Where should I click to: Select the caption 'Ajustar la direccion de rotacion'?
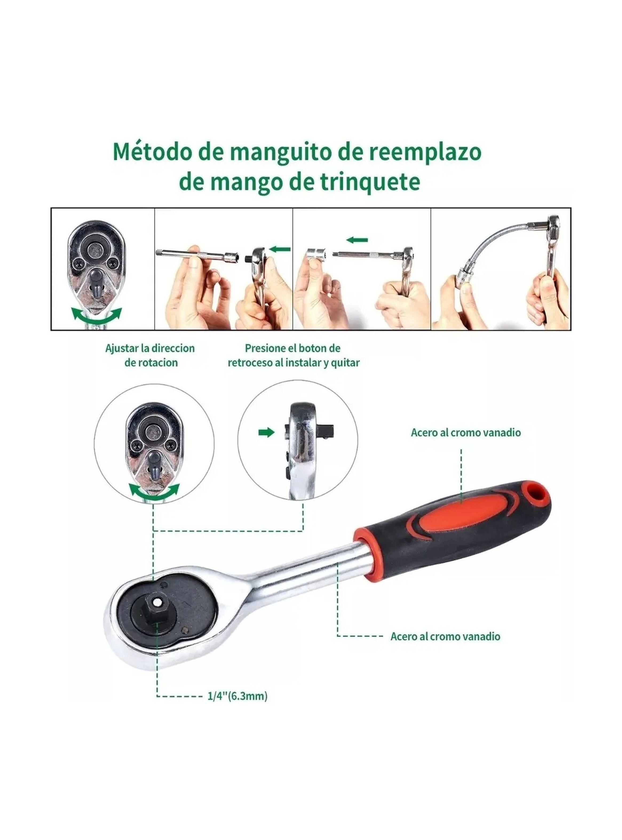(150, 355)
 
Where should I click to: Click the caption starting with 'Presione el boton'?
(294, 355)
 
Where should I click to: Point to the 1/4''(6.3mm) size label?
(237, 696)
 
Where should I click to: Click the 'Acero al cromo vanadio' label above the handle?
(466, 432)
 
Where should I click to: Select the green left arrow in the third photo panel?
(357, 240)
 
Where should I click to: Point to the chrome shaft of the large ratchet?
(301, 575)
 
